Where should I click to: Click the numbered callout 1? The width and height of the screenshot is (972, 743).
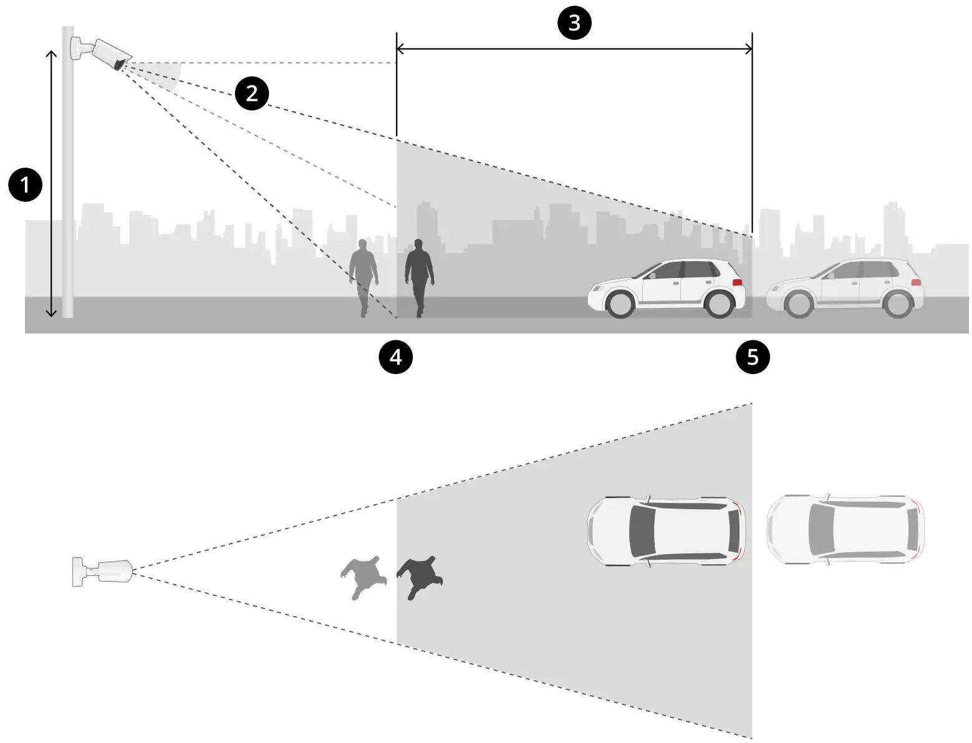click(x=25, y=185)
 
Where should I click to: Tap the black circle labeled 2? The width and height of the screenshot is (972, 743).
click(x=251, y=93)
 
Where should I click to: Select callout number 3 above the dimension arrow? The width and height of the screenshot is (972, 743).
click(x=574, y=23)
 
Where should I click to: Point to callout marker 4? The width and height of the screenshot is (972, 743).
click(x=396, y=357)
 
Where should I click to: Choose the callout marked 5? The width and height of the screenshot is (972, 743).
click(x=753, y=357)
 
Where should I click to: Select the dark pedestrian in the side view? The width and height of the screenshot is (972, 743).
click(x=419, y=275)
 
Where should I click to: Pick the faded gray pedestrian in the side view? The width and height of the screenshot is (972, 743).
click(x=363, y=275)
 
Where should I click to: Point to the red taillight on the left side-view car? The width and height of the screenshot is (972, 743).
click(x=738, y=282)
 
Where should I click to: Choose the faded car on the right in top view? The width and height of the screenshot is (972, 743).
click(x=845, y=530)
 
